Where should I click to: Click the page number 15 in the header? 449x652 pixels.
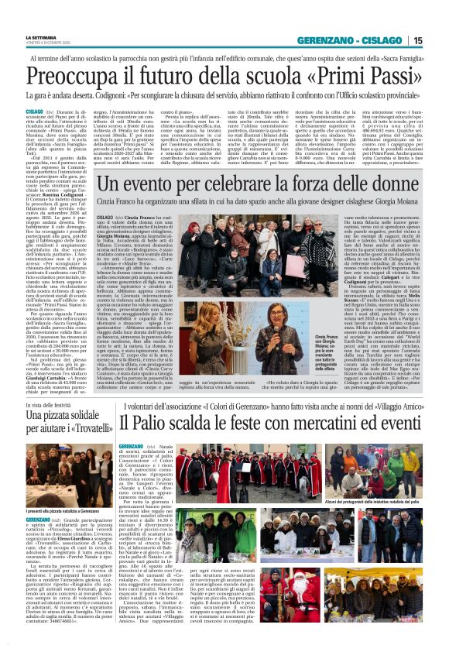click(x=439, y=40)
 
